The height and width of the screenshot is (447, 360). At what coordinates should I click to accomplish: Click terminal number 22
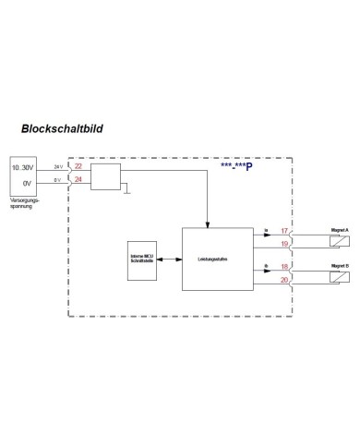pyautogui.click(x=78, y=167)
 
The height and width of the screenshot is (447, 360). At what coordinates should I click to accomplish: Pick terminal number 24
pyautogui.click(x=78, y=179)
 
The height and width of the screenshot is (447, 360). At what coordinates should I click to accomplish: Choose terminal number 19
pyautogui.click(x=283, y=244)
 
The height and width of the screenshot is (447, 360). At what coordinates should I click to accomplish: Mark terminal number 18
pyautogui.click(x=283, y=264)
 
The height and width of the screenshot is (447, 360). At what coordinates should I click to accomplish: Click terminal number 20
pyautogui.click(x=283, y=278)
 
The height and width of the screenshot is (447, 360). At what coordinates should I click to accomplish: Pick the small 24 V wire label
pyautogui.click(x=58, y=165)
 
